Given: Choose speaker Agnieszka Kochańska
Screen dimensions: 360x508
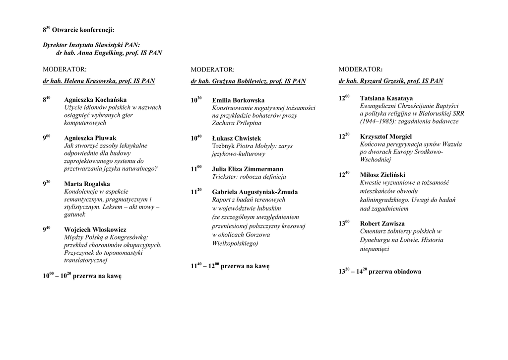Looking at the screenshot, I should (95, 100).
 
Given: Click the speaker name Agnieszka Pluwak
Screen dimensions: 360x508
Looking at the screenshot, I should (90, 138).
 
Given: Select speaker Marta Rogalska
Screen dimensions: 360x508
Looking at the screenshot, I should (87, 184).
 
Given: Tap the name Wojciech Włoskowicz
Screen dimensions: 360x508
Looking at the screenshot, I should (95, 230).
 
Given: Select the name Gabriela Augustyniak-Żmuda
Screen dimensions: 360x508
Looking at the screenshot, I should (254, 192).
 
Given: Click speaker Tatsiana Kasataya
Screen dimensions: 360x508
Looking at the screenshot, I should (386, 98).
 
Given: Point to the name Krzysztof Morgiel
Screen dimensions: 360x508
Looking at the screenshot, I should (385, 137).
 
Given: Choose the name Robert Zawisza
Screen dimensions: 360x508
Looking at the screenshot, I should (382, 223).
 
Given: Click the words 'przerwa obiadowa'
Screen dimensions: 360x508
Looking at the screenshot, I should (395, 272).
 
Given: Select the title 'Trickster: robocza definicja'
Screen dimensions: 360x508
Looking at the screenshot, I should (249, 177).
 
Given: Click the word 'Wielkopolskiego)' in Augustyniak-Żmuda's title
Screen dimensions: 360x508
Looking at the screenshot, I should (235, 243).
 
